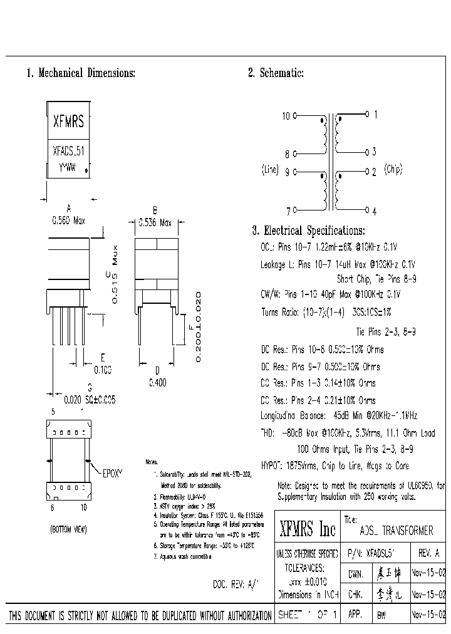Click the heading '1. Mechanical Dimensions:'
point(80,73)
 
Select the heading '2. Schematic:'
point(276,73)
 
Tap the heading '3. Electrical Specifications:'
point(308,231)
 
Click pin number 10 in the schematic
point(286,116)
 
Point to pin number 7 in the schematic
point(288,210)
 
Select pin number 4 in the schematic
point(374,211)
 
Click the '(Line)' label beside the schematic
point(270,170)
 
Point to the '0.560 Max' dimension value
point(68,221)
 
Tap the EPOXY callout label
point(113,474)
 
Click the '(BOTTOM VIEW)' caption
point(68,530)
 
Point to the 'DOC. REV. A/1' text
point(235,583)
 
